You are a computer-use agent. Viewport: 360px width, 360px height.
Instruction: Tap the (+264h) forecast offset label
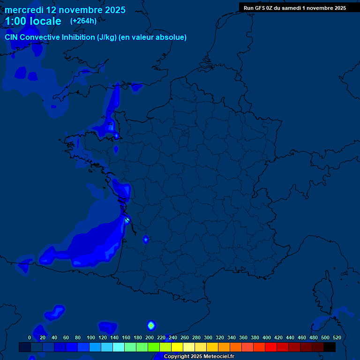coord(83,21)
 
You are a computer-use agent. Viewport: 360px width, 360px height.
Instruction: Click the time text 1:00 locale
coord(33,21)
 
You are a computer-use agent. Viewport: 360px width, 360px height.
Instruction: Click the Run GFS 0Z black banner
coord(295,7)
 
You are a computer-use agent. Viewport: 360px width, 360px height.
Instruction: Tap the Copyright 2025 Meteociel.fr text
coord(199,356)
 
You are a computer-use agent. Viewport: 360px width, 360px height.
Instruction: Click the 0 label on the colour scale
coord(30,337)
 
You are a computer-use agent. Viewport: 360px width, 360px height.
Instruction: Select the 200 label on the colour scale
coord(150,337)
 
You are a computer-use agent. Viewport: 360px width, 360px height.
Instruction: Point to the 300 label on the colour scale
coord(208,337)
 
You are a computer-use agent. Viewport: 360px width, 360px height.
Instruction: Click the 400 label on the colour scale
coord(267,337)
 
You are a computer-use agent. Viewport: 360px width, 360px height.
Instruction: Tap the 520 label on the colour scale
coord(337,337)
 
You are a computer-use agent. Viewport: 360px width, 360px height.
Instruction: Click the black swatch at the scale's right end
coord(330,347)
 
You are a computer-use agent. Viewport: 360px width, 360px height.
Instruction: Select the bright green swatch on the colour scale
coord(154,347)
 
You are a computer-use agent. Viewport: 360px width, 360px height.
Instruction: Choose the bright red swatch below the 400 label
coord(271,347)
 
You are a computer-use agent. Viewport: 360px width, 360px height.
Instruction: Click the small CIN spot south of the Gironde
coord(145,240)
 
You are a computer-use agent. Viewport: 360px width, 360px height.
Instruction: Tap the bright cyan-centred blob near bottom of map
coord(151,325)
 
